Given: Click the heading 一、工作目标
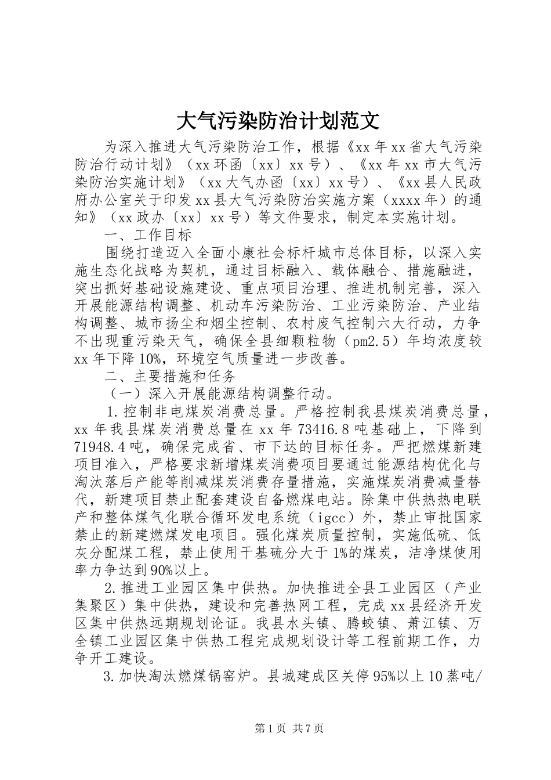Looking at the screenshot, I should (147, 234).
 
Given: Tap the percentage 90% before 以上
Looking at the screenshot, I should (148, 570).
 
